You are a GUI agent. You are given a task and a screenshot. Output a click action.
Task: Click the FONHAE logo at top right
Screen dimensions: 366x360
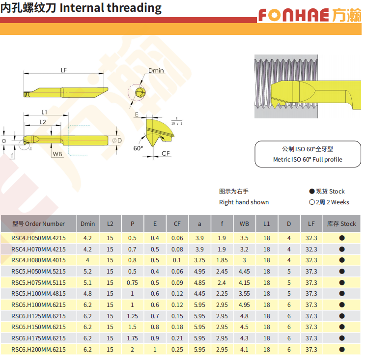point(310,15)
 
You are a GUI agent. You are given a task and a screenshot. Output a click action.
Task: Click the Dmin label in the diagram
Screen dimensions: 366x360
point(156,70)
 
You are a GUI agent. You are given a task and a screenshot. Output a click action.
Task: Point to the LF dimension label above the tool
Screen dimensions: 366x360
point(64,70)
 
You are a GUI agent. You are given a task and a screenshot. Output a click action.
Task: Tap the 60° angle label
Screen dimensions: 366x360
point(138,148)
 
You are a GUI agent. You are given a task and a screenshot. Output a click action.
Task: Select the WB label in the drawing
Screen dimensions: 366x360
point(57,154)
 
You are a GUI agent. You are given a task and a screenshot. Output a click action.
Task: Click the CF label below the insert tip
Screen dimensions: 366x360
point(166,153)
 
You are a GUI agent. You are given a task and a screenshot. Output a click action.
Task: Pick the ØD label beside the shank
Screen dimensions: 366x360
point(117,140)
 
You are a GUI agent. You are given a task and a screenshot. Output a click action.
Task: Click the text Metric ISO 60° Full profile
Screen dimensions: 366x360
point(308,159)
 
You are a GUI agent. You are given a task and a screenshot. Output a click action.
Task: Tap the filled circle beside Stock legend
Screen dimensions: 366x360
point(312,192)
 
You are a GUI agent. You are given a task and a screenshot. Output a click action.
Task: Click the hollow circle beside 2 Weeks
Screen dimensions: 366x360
point(312,202)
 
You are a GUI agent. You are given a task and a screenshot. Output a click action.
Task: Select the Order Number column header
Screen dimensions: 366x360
point(38,224)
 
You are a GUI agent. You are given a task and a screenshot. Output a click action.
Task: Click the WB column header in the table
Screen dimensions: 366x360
point(244,224)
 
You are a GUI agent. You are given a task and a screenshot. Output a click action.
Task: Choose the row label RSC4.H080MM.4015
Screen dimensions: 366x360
point(38,260)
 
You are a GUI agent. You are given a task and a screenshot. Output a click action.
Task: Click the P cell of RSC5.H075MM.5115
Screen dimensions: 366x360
point(132,282)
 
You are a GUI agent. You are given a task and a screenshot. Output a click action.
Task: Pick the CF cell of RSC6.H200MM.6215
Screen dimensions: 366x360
point(177,350)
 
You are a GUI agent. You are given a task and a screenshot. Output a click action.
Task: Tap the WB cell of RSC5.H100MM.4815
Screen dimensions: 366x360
point(244,294)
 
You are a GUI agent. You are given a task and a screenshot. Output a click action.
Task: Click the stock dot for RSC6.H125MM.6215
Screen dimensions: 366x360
point(342,316)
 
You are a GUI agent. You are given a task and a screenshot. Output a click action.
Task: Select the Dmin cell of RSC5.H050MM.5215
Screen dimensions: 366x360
point(87,271)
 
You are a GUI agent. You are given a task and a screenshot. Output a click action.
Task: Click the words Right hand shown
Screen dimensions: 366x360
point(244,202)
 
